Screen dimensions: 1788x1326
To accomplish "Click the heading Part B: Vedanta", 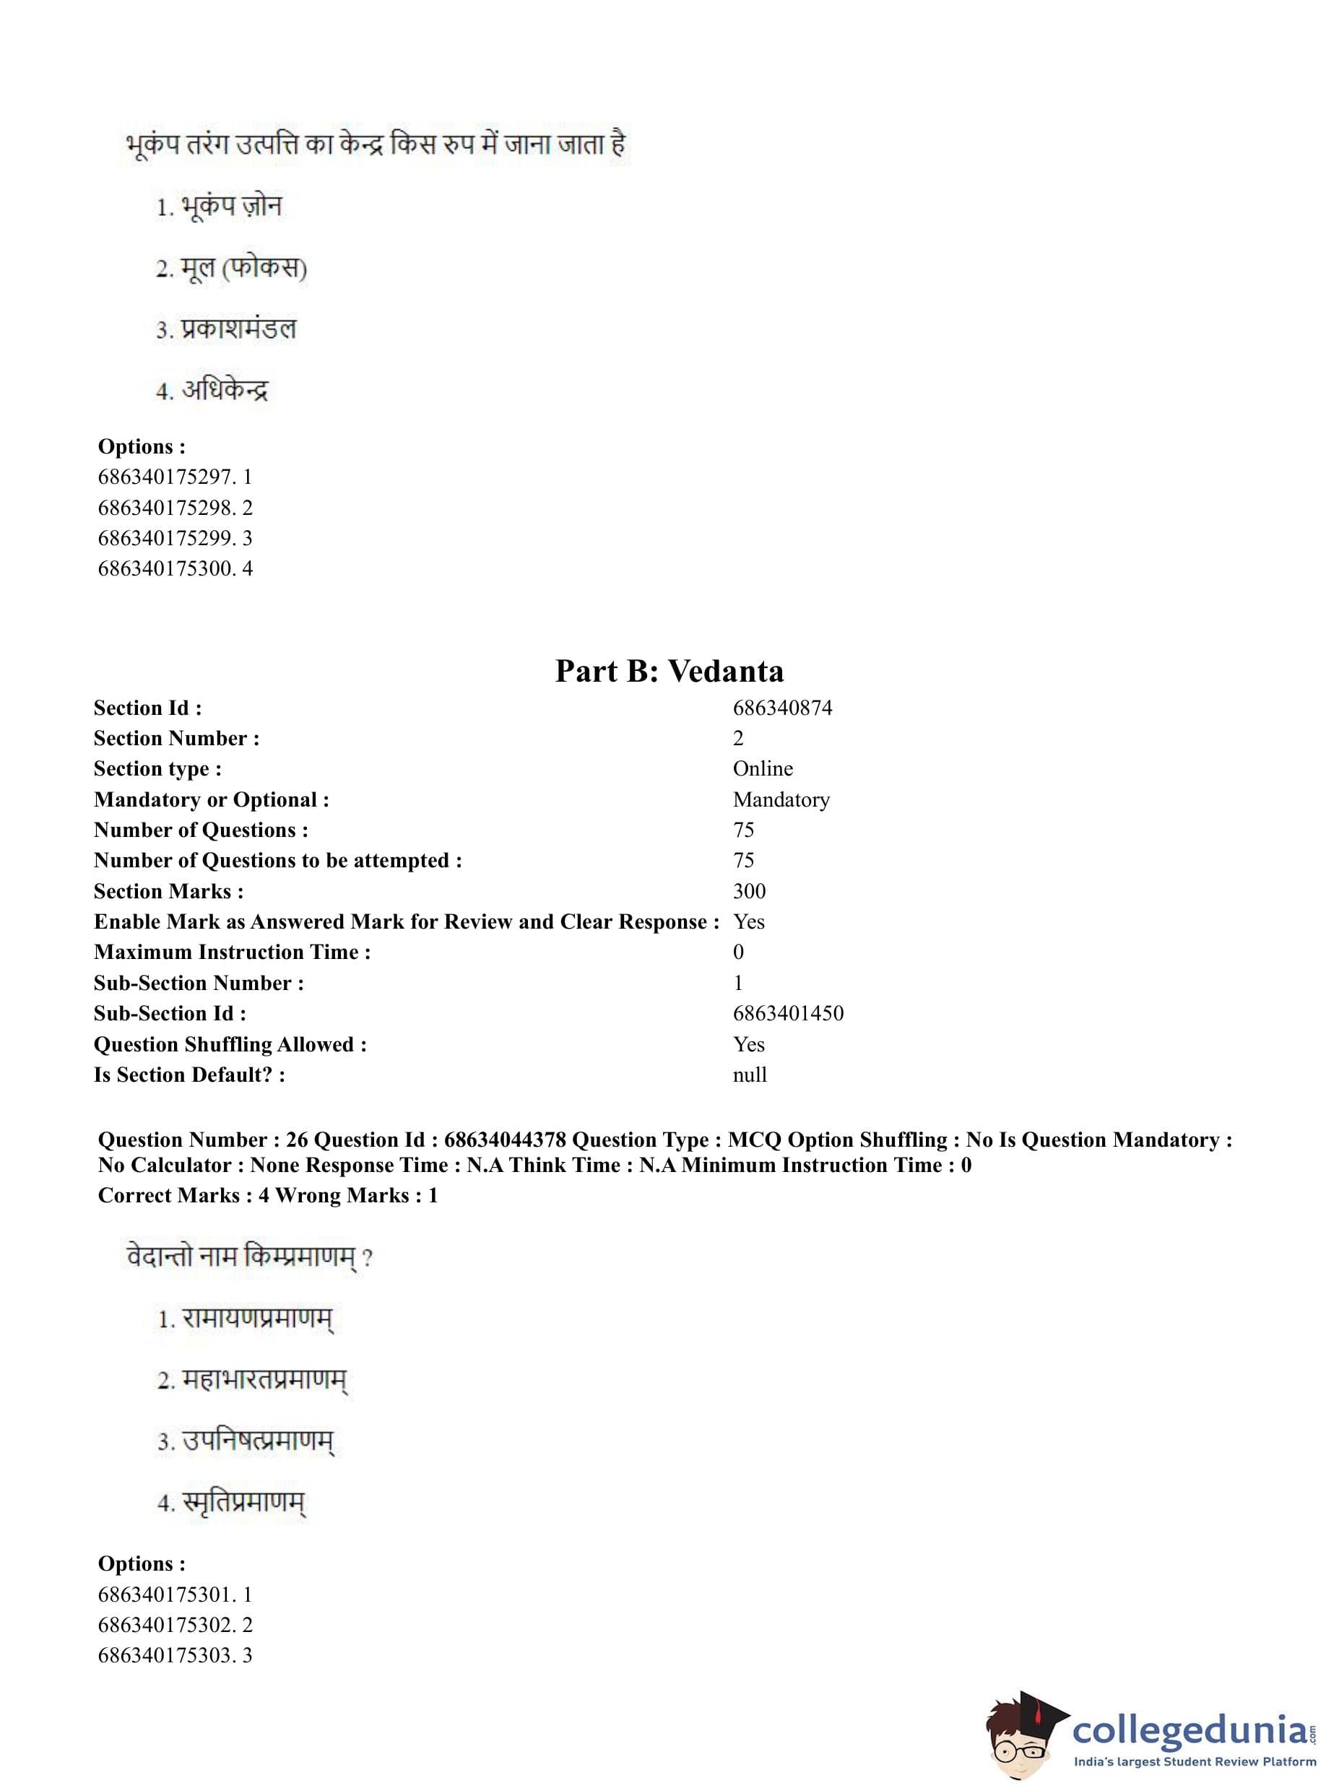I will (x=669, y=671).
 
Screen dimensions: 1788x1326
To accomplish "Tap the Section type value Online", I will (x=763, y=769).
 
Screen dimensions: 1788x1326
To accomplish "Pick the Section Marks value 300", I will (x=749, y=891).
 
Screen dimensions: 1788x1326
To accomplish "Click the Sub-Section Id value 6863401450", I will (x=787, y=1014).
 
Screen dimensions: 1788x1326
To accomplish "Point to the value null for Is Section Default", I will (x=750, y=1075).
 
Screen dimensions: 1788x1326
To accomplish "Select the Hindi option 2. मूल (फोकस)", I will (x=231, y=268).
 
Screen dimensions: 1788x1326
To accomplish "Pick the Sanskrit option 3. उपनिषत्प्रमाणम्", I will (x=246, y=1441).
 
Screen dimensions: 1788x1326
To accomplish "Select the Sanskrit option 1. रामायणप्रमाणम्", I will (x=245, y=1319).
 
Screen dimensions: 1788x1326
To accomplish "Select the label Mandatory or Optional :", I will (x=211, y=799).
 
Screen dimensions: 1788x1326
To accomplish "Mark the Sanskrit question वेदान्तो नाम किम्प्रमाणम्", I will (x=249, y=1257).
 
